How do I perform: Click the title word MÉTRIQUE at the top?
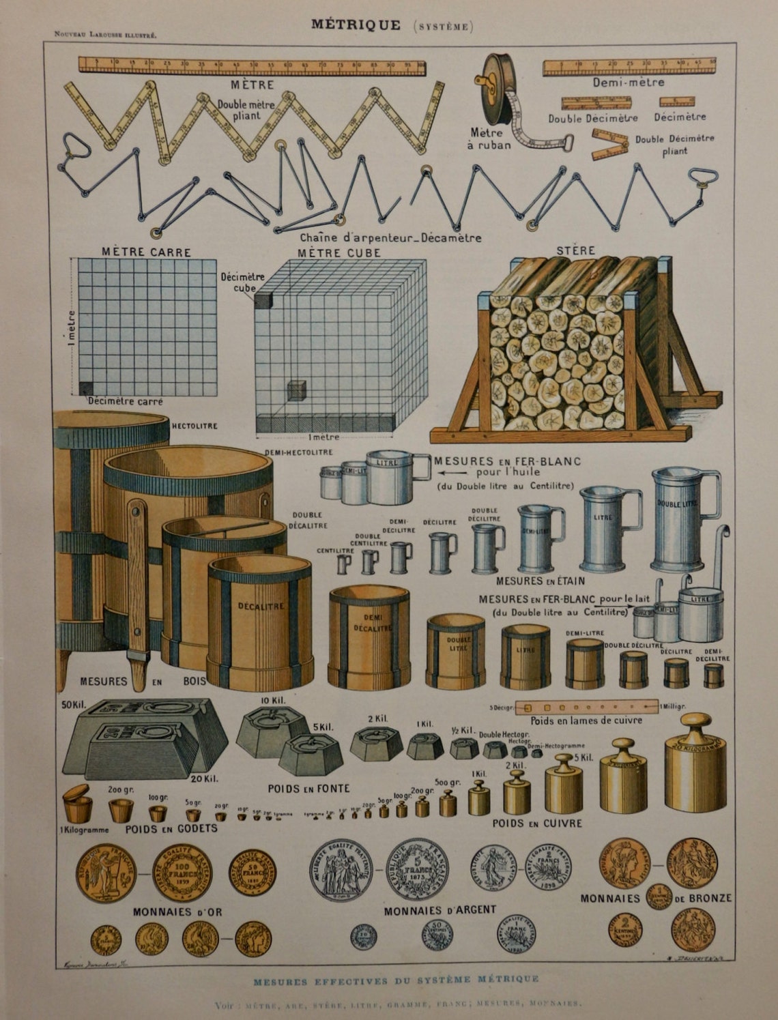(x=356, y=25)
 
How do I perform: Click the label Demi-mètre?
(x=627, y=82)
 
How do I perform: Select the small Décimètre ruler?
(x=676, y=102)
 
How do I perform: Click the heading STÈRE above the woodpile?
(x=575, y=250)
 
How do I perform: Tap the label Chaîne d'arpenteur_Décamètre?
(x=390, y=238)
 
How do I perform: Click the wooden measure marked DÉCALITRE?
(x=260, y=621)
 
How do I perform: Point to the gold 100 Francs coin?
(x=182, y=873)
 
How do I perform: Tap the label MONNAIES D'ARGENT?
(x=440, y=910)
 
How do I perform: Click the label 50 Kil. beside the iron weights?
(x=72, y=704)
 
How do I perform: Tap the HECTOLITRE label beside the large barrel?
(x=194, y=426)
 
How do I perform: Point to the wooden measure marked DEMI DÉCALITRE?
(x=369, y=636)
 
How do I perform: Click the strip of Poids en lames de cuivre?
(x=586, y=708)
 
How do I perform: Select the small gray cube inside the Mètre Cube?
(x=297, y=390)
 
